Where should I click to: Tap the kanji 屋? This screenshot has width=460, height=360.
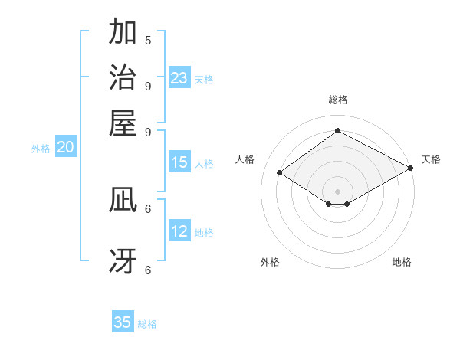pos(123,123)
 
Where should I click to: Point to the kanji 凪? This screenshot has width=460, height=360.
pos(123,199)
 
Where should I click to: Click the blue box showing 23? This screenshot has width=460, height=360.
pos(179,78)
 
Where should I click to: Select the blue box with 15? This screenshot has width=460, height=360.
pos(179,162)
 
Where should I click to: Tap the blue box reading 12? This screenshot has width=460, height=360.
pos(179,231)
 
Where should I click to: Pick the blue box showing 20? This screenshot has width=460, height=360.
pos(65,148)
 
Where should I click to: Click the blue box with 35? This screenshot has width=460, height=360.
pos(123,322)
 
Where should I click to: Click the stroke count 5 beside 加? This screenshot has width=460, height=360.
pos(148,40)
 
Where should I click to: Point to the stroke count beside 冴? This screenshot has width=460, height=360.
pos(148,269)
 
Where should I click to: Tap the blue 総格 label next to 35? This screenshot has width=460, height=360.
pos(147,324)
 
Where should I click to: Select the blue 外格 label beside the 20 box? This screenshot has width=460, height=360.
pos(41,149)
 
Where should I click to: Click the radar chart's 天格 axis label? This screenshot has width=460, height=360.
pos(431,159)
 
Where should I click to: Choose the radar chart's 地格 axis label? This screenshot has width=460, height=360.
pos(402,262)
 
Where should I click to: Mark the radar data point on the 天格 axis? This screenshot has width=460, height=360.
pos(411,169)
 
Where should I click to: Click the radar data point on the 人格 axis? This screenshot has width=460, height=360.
pos(280,173)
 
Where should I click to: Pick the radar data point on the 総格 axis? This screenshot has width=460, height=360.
pos(337,130)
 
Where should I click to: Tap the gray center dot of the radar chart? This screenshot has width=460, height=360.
pos(337,191)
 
